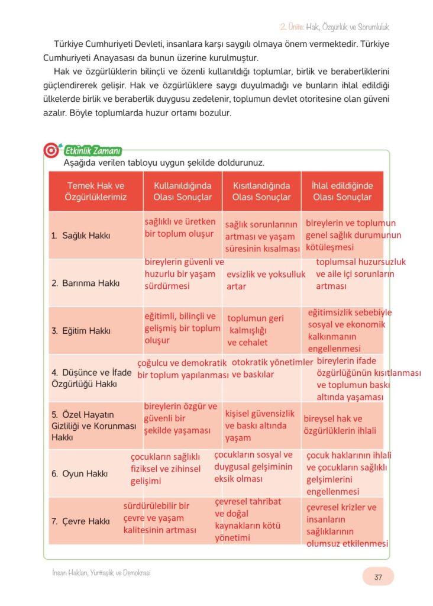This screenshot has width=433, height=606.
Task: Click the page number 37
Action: tap(377, 576)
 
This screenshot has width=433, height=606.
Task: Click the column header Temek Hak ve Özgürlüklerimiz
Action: tap(96, 191)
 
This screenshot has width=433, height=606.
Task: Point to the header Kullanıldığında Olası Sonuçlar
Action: tap(182, 191)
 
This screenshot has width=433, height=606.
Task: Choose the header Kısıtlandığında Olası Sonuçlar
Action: tap(261, 191)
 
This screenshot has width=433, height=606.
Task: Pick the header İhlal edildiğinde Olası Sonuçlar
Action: tap(342, 191)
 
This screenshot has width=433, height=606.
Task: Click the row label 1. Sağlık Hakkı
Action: tap(80, 236)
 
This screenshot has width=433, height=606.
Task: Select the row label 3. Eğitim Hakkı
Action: tap(80, 331)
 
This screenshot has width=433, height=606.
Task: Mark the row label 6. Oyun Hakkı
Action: tap(79, 473)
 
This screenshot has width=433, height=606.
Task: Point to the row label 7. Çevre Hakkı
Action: tap(80, 521)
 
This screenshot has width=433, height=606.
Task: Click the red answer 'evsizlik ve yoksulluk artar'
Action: tap(266, 281)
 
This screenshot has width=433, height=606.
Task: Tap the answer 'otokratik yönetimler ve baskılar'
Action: tap(272, 368)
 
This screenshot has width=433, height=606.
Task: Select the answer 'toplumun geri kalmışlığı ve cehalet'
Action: tap(256, 330)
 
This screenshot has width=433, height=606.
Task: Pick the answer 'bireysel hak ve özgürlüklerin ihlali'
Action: tap(340, 425)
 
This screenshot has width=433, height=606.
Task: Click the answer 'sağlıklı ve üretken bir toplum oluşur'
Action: tap(180, 228)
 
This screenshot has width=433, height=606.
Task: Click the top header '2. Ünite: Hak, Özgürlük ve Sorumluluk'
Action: tap(334, 27)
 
